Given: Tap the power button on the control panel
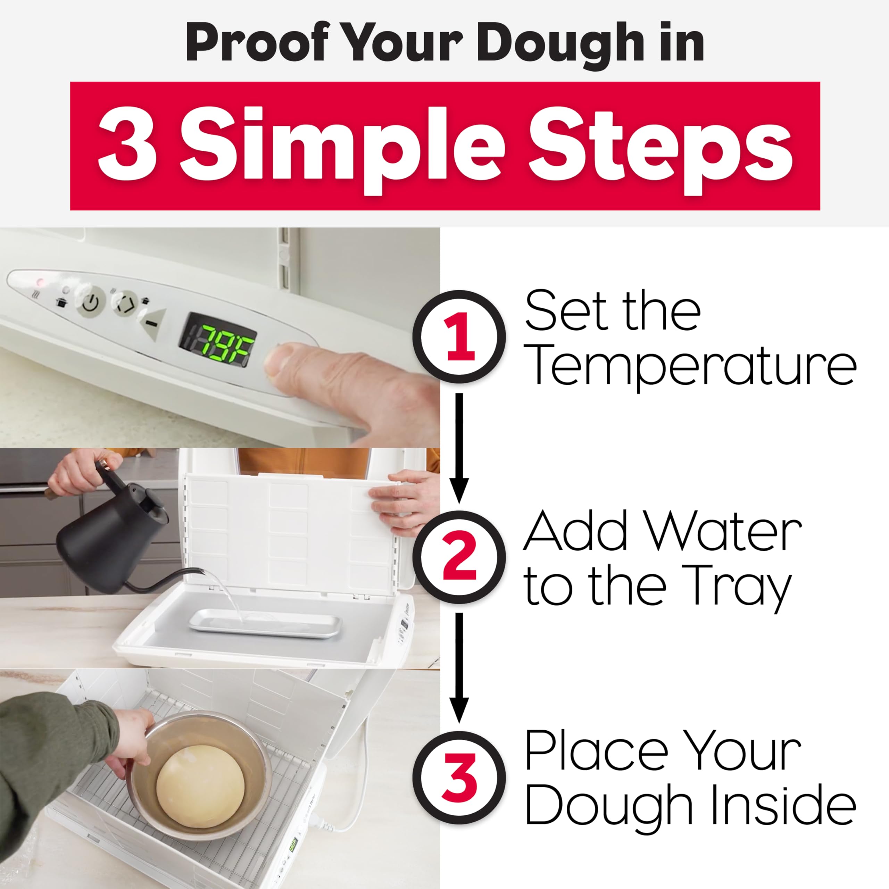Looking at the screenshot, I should click(x=91, y=302).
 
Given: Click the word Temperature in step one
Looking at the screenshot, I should click(x=690, y=367).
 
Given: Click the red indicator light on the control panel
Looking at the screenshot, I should click(x=40, y=281).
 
